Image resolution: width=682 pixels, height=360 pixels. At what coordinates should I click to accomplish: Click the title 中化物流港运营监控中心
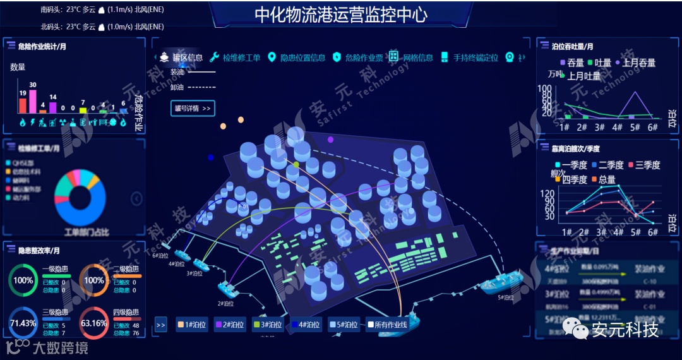click(x=340, y=15)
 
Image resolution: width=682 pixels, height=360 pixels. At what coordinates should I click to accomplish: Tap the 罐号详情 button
click(x=193, y=108)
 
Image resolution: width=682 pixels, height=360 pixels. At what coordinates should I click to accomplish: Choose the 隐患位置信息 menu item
click(x=296, y=57)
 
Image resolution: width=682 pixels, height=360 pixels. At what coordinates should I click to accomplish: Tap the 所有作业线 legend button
click(x=387, y=325)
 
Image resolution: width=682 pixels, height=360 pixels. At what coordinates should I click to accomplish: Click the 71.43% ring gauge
click(x=23, y=323)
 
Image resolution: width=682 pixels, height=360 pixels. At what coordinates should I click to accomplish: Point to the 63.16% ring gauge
click(x=94, y=323)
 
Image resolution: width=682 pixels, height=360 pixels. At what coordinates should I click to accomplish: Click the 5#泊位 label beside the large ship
click(x=506, y=297)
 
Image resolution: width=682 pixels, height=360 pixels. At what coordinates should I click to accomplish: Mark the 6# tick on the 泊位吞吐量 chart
click(x=653, y=126)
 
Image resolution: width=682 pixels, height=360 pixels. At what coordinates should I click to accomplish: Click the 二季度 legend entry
click(x=606, y=165)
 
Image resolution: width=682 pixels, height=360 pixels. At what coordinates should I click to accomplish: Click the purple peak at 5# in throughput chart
click(x=635, y=93)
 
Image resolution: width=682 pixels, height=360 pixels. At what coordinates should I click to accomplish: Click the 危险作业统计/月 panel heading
click(x=42, y=46)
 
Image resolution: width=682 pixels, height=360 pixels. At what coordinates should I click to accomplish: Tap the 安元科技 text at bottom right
click(x=625, y=329)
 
